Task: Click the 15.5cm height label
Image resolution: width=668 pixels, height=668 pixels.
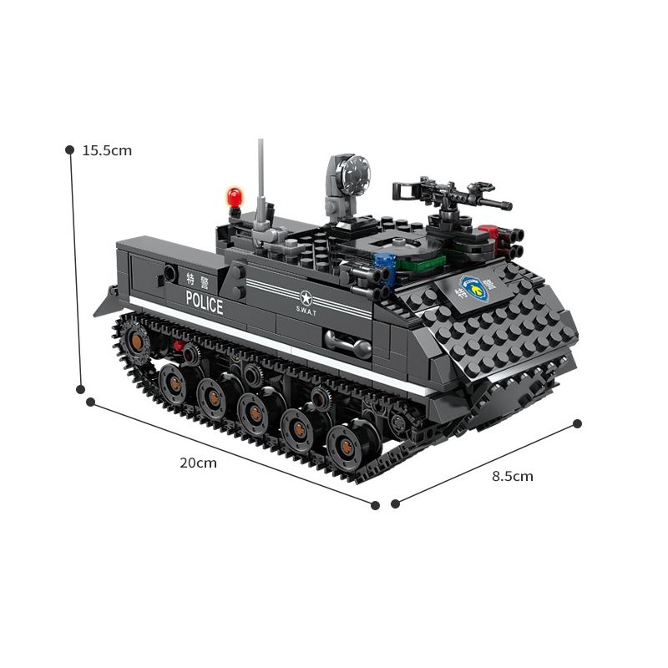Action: (107, 151)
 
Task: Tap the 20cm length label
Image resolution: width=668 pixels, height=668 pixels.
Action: (198, 463)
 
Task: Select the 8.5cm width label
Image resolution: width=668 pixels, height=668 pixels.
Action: (512, 477)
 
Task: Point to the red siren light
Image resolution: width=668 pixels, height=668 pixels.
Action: (234, 197)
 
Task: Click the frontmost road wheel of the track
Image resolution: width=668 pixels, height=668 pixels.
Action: (348, 448)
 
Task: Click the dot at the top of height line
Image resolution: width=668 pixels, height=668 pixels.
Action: (70, 149)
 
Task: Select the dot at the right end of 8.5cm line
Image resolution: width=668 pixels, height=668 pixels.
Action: (576, 423)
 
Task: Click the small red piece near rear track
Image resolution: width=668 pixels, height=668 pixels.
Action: (177, 345)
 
